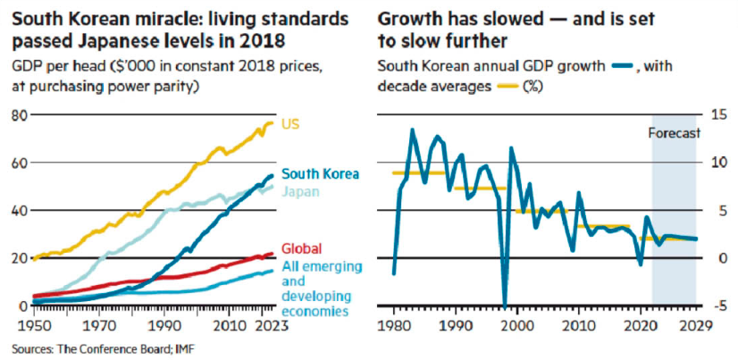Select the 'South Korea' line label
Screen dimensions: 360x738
click(320, 174)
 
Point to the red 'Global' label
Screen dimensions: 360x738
click(300, 248)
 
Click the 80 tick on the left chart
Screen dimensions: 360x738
click(16, 115)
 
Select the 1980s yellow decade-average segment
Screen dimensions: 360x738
click(420, 172)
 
